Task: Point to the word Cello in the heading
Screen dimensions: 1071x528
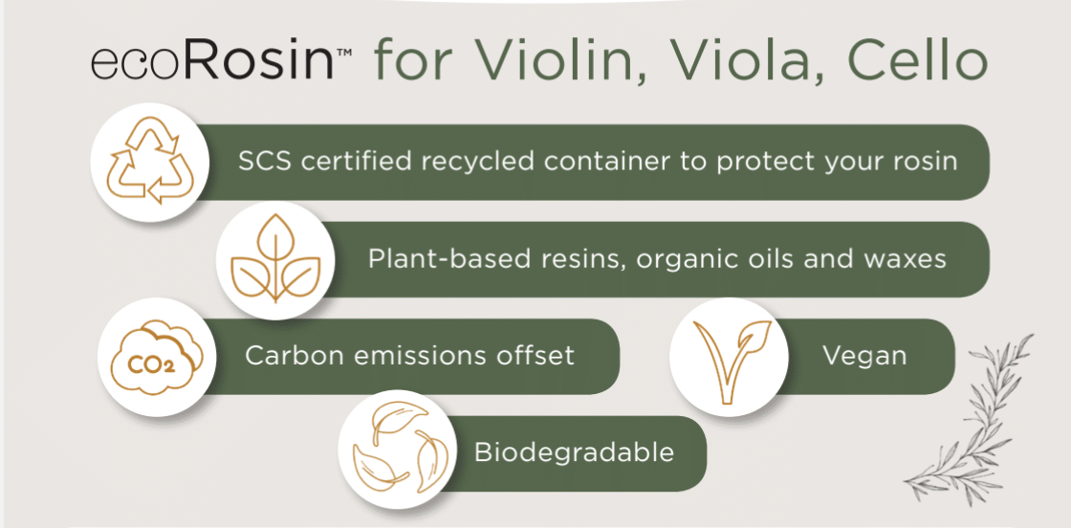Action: click(908, 62)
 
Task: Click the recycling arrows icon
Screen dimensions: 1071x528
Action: click(149, 162)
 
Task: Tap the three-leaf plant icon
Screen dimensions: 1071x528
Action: click(275, 259)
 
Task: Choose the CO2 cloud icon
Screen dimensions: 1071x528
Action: click(157, 356)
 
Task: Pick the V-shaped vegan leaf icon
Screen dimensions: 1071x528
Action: click(729, 357)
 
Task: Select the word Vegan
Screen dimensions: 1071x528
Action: click(864, 355)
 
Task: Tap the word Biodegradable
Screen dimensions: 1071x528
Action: click(574, 452)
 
